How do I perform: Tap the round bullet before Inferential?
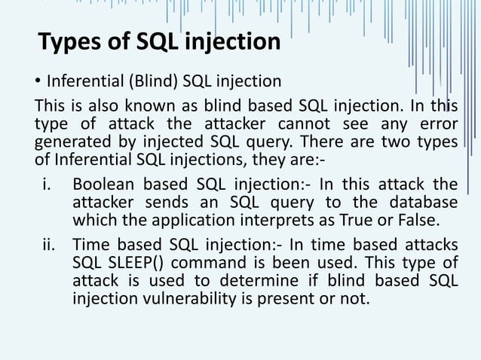[x=38, y=81]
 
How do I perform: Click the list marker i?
[x=47, y=185]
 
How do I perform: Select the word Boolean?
[x=102, y=185]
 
